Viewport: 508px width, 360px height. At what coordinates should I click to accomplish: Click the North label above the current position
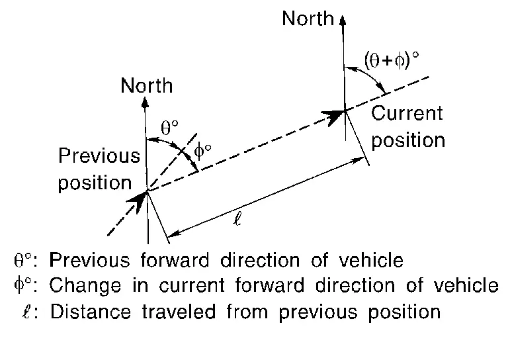tap(308, 19)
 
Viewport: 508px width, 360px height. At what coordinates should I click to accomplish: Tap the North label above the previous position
tap(147, 86)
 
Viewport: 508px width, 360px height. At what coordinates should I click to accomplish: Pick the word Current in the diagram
tap(407, 113)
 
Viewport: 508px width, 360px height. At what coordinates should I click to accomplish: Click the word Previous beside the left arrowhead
tap(99, 156)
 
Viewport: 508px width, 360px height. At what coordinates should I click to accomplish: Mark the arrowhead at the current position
tap(337, 116)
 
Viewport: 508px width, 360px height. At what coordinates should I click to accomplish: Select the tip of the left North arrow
tap(147, 101)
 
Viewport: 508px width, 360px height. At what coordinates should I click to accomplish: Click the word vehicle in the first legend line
tap(370, 260)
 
